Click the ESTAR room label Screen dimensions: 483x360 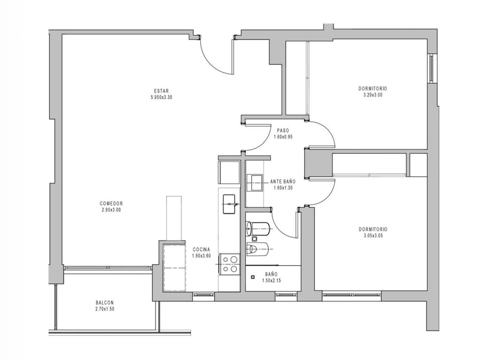tap(161, 91)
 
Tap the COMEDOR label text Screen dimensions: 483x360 tap(111, 203)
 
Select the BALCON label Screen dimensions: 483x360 tap(105, 302)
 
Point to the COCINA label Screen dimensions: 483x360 tap(201, 250)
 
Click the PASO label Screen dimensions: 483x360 tap(283, 130)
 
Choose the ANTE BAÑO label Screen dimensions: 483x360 tap(283, 182)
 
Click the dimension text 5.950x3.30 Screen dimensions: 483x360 tap(161, 97)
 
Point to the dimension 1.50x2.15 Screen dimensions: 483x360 tap(271, 281)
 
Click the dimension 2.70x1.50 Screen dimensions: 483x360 tap(105, 309)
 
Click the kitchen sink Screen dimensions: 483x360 tap(229, 204)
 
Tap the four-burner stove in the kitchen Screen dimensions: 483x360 tap(229, 264)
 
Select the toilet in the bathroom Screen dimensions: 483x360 tap(257, 229)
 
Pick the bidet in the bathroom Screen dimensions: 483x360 tap(257, 249)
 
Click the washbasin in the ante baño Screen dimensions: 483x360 tap(255, 183)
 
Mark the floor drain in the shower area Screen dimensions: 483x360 tap(253, 277)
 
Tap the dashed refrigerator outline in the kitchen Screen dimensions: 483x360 tap(174, 268)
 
